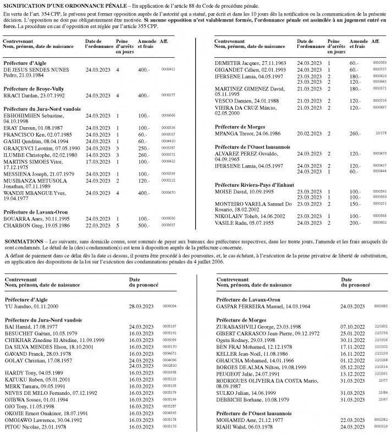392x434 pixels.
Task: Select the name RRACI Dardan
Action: (19, 95)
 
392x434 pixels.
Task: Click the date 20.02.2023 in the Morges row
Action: (308, 134)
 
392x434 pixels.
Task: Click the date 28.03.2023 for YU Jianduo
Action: (140, 305)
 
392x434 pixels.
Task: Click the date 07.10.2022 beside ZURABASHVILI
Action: (352, 327)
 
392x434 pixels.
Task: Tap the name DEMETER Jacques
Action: (231, 63)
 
